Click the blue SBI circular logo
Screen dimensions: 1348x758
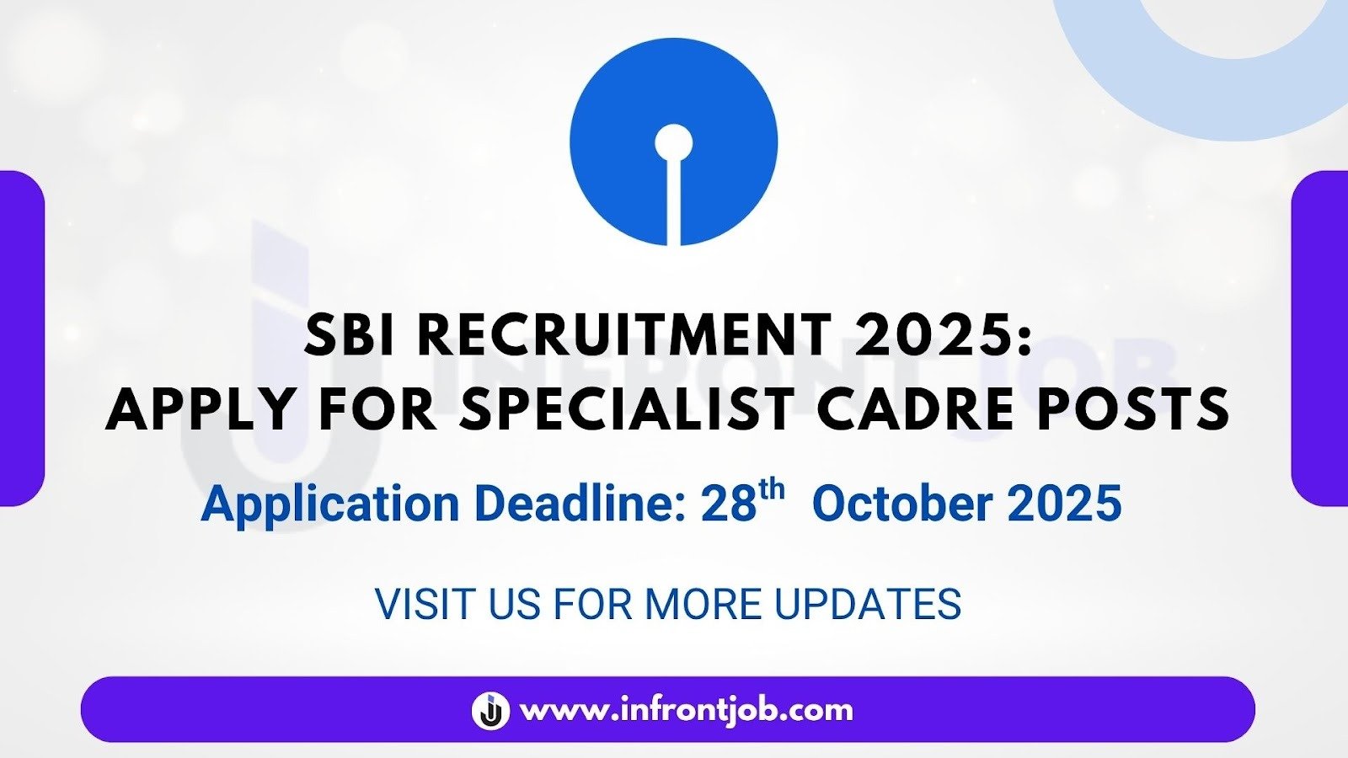pos(673,142)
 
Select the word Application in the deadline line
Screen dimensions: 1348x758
pos(329,504)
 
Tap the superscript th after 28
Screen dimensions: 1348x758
pos(772,490)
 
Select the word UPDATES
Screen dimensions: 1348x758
pos(868,603)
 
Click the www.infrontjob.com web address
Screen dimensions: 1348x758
pos(686,711)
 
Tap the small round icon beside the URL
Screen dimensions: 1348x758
pos(490,711)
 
